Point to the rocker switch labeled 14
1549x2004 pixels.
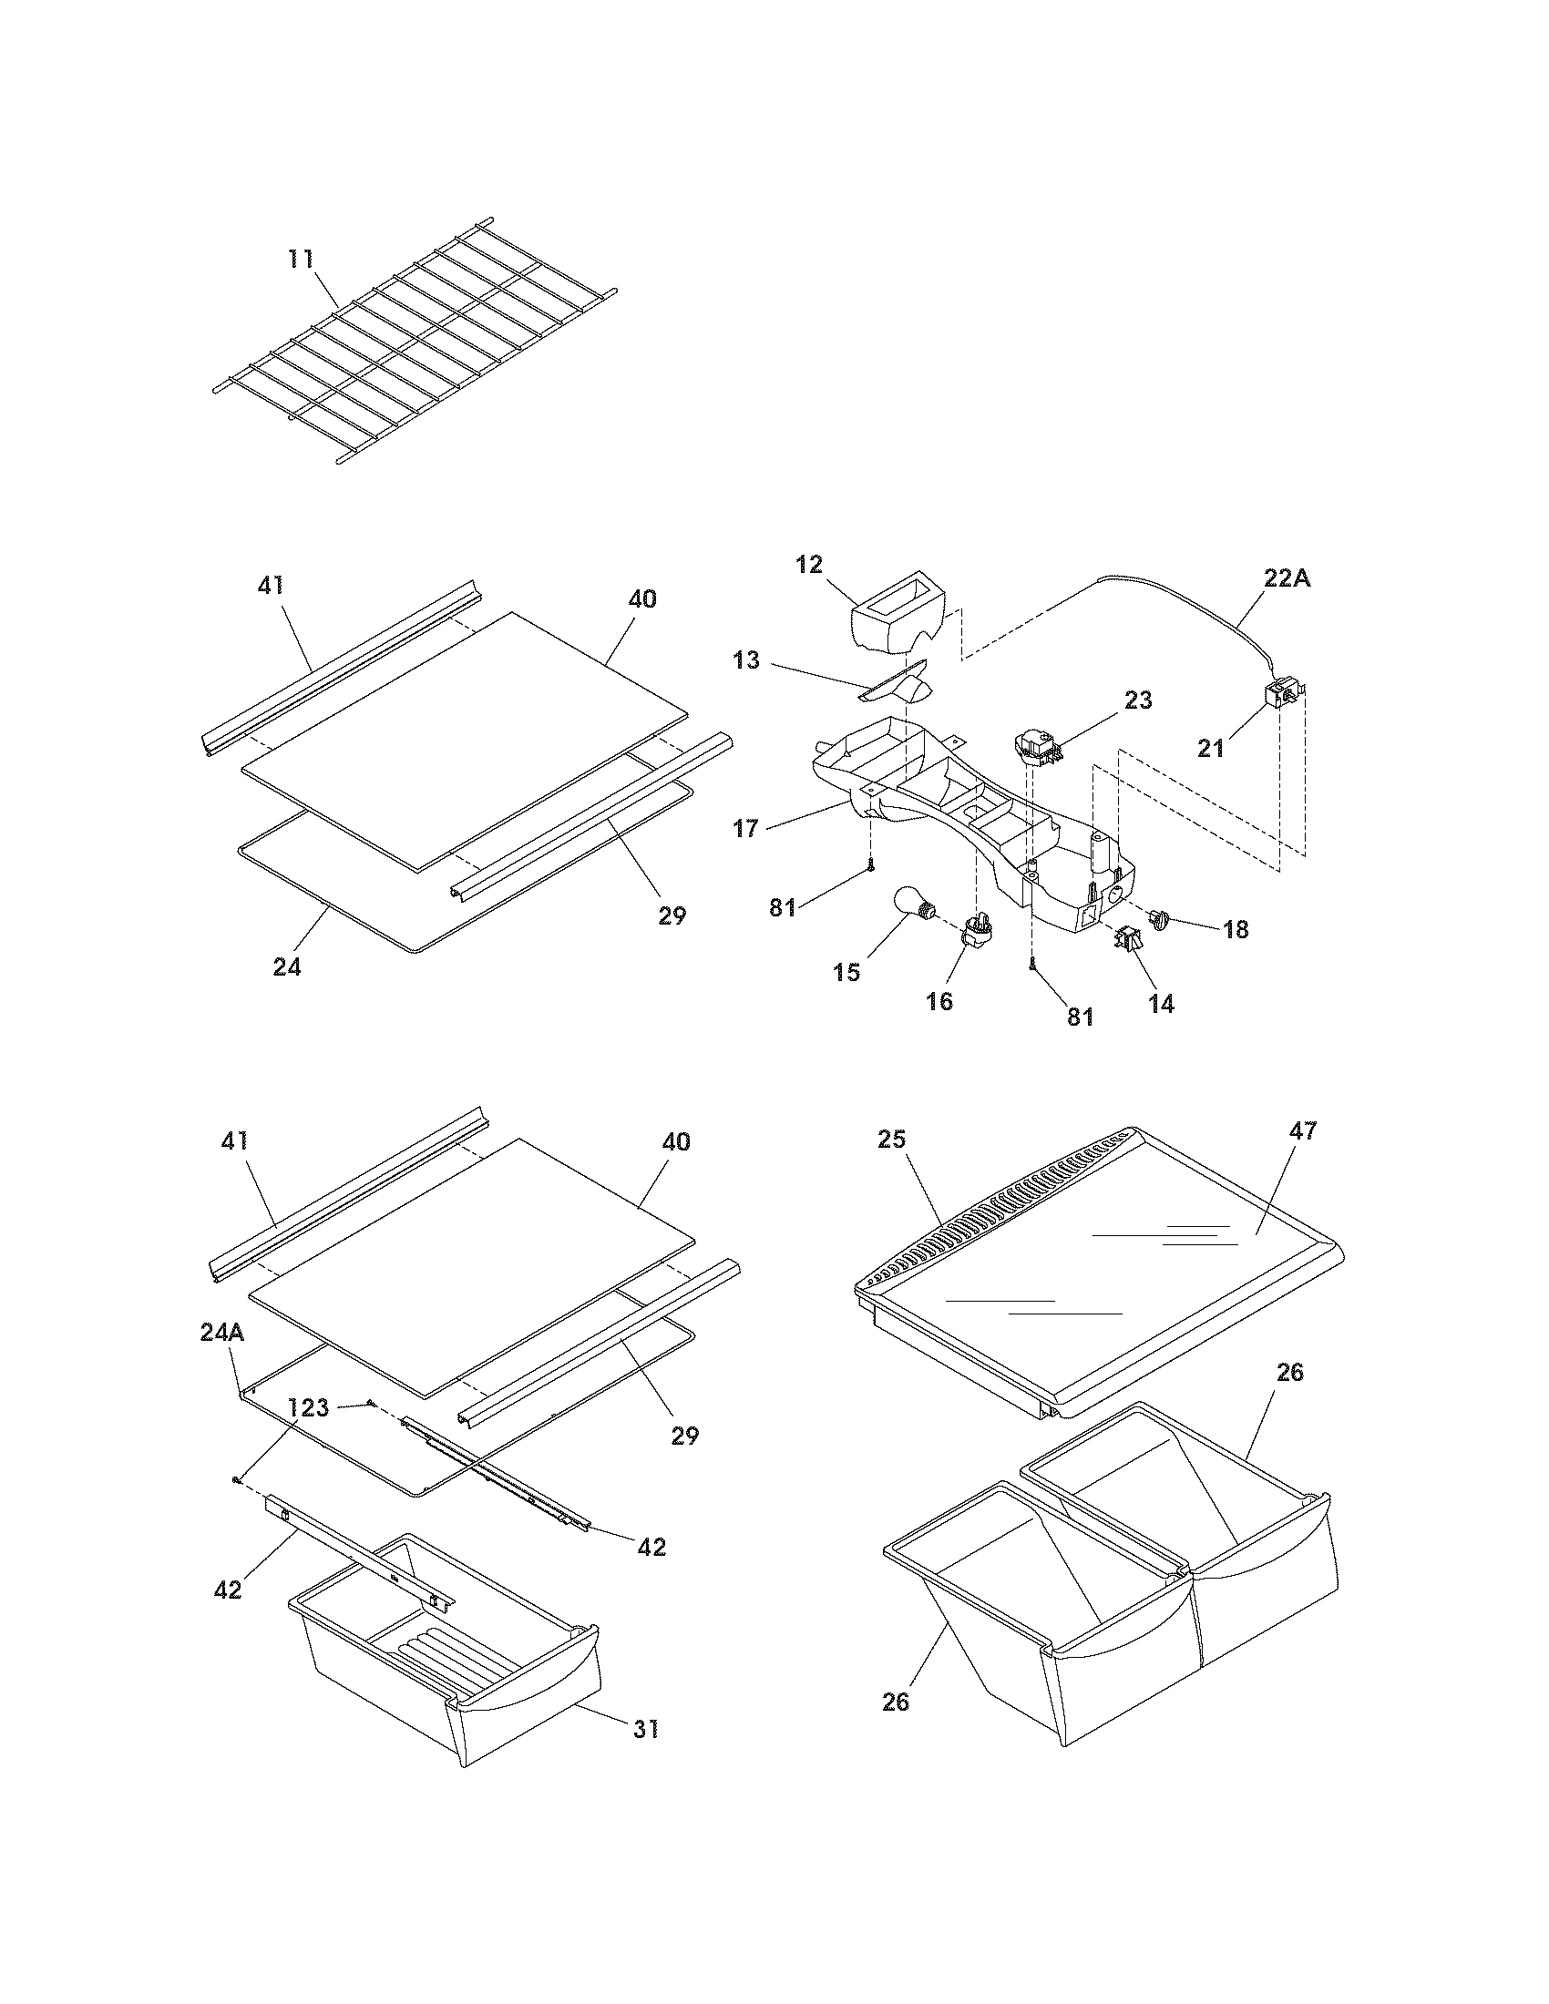[1128, 938]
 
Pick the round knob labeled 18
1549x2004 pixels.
[1164, 917]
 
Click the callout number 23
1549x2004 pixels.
[1138, 701]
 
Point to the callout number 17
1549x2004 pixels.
[746, 829]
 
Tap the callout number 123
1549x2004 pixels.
[308, 1408]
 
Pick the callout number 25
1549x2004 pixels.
[892, 1139]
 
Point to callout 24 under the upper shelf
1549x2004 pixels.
[287, 966]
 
